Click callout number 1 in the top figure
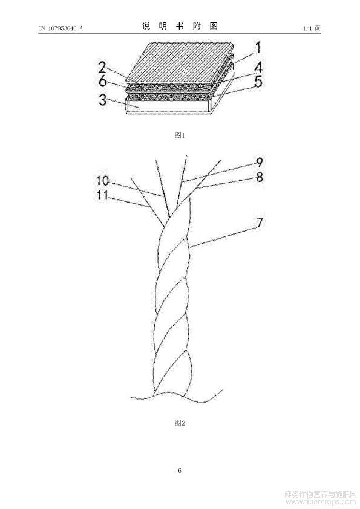click(x=258, y=48)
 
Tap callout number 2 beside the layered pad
click(x=103, y=68)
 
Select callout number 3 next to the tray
click(x=103, y=100)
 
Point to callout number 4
click(x=258, y=68)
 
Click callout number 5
click(x=258, y=82)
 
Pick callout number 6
click(x=103, y=81)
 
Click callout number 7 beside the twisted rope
click(x=260, y=222)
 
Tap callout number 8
click(x=260, y=177)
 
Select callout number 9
click(x=260, y=162)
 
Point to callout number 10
click(x=102, y=180)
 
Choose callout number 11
click(x=102, y=195)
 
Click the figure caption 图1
click(x=179, y=135)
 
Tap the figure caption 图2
click(x=180, y=423)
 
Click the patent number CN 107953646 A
click(x=61, y=28)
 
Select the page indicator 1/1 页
click(x=312, y=28)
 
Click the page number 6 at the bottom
click(x=180, y=470)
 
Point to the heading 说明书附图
click(x=180, y=26)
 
